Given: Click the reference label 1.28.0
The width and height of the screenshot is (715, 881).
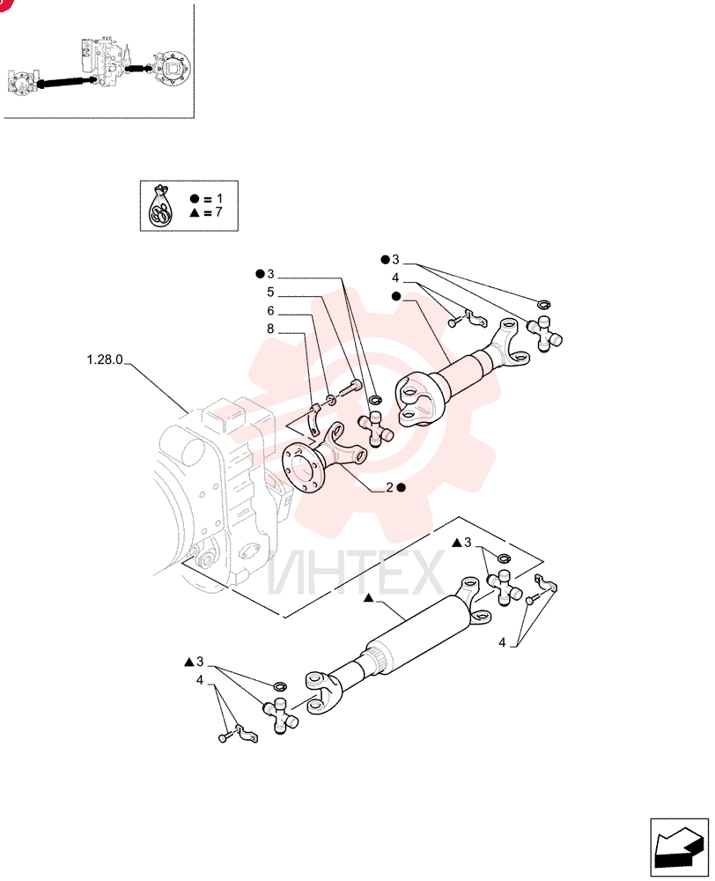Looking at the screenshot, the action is [105, 359].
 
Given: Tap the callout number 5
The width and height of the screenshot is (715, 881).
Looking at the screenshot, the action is [270, 292].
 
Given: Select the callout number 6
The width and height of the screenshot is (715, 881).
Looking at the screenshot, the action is [270, 311].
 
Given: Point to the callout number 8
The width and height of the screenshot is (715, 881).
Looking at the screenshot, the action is [270, 329].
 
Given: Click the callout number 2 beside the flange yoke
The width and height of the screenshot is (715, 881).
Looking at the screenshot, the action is [390, 487].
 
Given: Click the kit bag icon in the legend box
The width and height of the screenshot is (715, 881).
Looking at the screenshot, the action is [160, 205].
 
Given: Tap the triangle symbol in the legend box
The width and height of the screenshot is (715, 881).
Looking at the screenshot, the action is [195, 212].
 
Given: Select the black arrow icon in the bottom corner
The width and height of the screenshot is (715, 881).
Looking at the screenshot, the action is [679, 848].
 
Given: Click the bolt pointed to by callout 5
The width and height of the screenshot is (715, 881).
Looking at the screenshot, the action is [350, 388].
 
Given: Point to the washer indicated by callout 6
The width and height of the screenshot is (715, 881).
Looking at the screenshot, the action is [331, 400].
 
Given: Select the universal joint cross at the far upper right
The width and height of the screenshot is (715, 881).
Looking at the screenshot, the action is [543, 334].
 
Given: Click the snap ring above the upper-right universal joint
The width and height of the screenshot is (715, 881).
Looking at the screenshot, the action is [543, 305].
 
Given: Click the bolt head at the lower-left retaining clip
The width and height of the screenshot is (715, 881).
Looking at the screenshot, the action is [224, 737].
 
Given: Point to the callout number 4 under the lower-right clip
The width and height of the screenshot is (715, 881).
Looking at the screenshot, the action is [502, 642].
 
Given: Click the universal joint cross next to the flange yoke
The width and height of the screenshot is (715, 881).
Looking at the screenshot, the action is [376, 429].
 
